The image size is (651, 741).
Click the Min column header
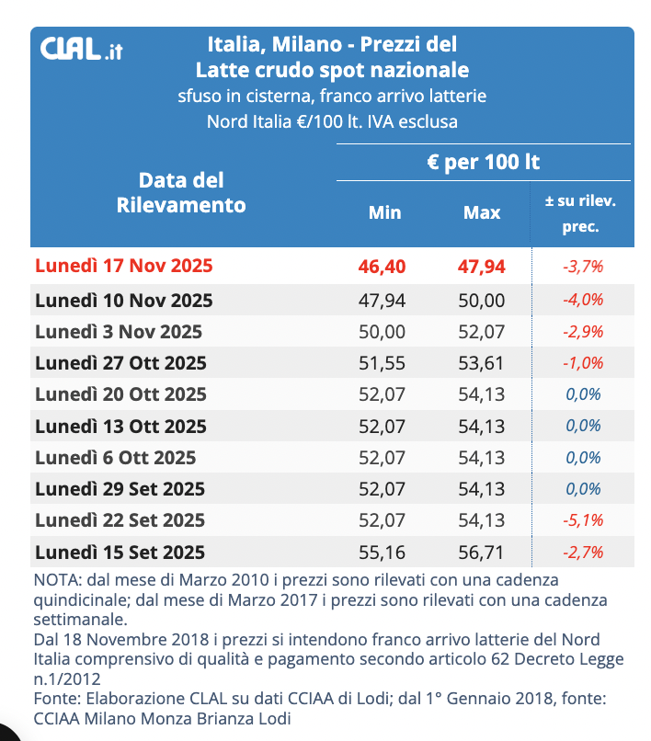click(x=384, y=212)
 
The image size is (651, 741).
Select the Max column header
click(x=482, y=212)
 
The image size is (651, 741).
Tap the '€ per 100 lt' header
click(x=483, y=163)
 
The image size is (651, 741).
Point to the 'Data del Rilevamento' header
click(x=181, y=192)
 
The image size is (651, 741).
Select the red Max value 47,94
click(x=482, y=267)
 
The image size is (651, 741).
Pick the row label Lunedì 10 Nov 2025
click(x=123, y=301)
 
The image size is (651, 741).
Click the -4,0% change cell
click(x=582, y=301)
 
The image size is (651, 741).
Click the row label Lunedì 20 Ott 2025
click(x=120, y=394)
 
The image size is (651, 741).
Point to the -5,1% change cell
click(x=582, y=520)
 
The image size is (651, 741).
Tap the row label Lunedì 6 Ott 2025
click(x=115, y=457)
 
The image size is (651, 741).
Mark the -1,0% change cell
click(x=582, y=363)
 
